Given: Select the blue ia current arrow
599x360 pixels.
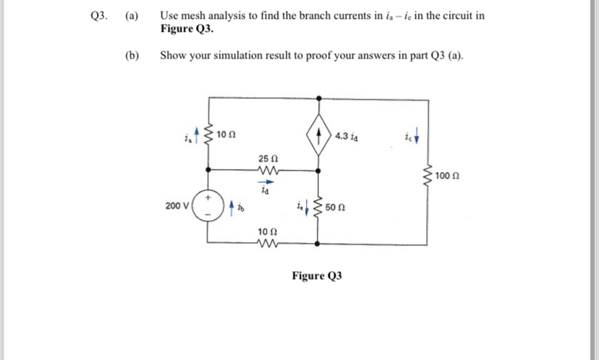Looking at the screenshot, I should coord(197,132).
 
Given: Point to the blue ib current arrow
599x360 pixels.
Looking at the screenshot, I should coord(232,210).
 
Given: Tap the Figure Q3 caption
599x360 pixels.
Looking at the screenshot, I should coord(316,275).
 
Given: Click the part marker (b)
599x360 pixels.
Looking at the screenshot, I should coord(132,55).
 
